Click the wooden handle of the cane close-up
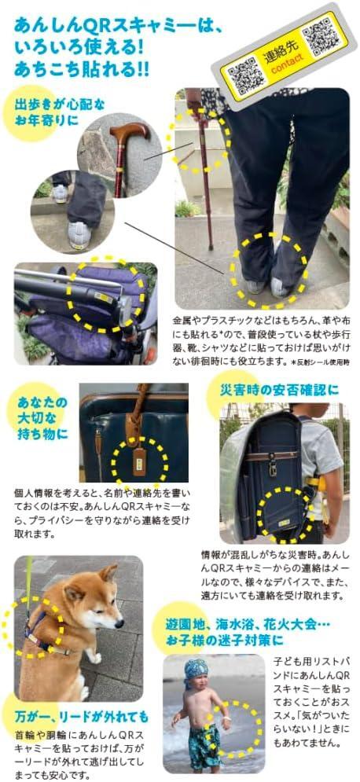coord(130,132)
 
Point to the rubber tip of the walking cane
coord(211,246)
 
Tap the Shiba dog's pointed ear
coord(108,572)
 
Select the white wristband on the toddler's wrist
coord(227,718)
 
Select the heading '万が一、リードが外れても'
coord(81,717)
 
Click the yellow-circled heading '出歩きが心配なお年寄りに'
coord(61,112)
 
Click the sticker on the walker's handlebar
coord(104,298)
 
